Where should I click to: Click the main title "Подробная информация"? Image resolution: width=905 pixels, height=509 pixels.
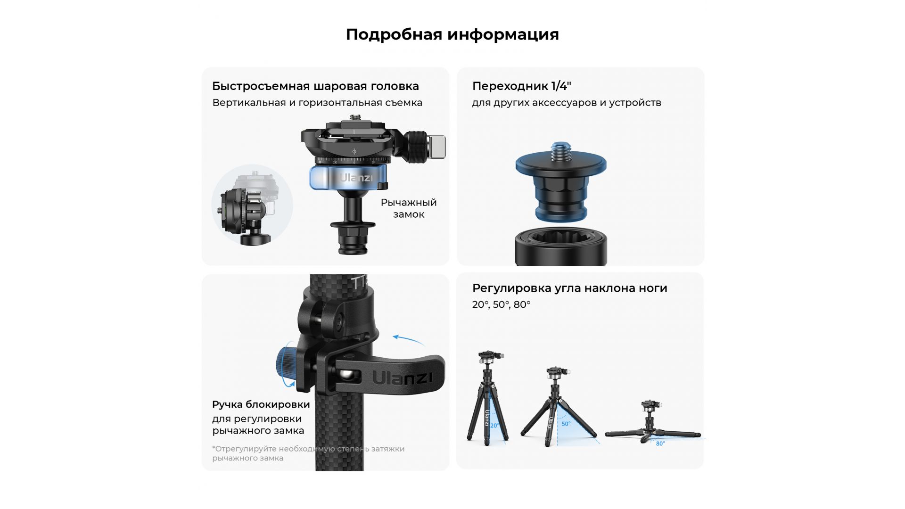(x=452, y=34)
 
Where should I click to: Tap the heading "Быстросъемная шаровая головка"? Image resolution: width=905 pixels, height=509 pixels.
(x=315, y=86)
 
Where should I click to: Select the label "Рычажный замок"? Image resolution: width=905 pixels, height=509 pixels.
(x=409, y=208)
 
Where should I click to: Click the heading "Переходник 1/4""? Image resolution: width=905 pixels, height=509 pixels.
(x=522, y=86)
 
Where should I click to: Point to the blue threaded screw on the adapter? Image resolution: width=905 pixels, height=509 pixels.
(x=561, y=151)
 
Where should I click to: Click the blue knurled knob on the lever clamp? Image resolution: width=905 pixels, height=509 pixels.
(x=286, y=366)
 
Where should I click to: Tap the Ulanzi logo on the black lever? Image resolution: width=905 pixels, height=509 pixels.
(x=403, y=378)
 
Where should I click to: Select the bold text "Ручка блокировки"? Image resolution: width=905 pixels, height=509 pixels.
(x=261, y=404)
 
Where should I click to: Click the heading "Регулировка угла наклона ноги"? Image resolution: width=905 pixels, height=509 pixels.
(x=570, y=288)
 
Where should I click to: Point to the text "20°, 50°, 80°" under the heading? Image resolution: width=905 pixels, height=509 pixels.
(x=502, y=305)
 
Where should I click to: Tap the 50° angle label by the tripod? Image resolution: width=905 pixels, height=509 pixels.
(x=566, y=424)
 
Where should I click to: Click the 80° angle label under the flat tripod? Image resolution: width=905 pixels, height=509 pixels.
(x=660, y=443)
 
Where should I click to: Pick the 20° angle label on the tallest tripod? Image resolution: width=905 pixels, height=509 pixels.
(x=494, y=426)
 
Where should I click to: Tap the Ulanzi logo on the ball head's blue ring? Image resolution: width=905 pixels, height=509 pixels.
(x=356, y=178)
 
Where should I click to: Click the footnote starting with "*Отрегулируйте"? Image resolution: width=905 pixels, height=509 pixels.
(x=308, y=453)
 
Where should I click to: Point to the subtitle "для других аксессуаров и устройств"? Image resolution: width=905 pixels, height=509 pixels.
(x=567, y=103)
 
